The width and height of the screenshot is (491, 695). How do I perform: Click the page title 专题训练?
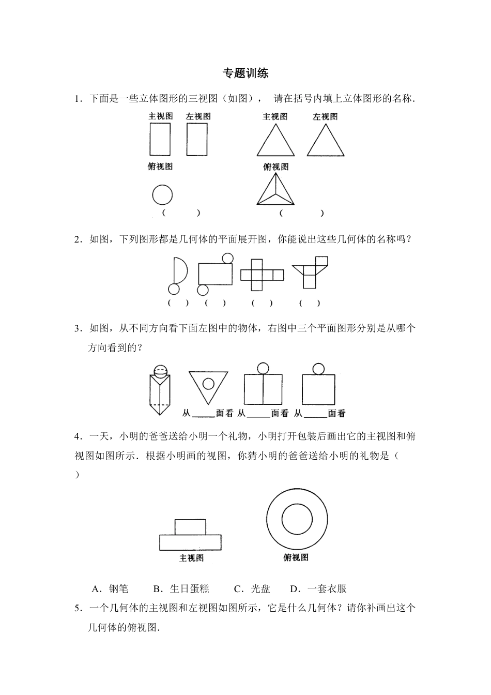tap(245, 73)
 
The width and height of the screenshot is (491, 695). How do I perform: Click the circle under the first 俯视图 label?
tap(162, 195)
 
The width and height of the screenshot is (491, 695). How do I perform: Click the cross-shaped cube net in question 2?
tap(262, 275)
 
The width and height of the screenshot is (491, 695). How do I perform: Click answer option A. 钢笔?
tap(110, 588)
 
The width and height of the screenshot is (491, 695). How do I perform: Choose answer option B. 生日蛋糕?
tap(181, 588)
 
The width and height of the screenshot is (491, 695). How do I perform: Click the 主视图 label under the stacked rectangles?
tap(191, 558)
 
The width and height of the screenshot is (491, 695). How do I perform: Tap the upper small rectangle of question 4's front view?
tap(190, 527)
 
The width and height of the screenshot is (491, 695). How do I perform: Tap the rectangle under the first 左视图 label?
tap(197, 139)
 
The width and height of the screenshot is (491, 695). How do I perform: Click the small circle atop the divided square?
tap(263, 368)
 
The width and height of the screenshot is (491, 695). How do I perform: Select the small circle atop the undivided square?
tap(318, 368)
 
